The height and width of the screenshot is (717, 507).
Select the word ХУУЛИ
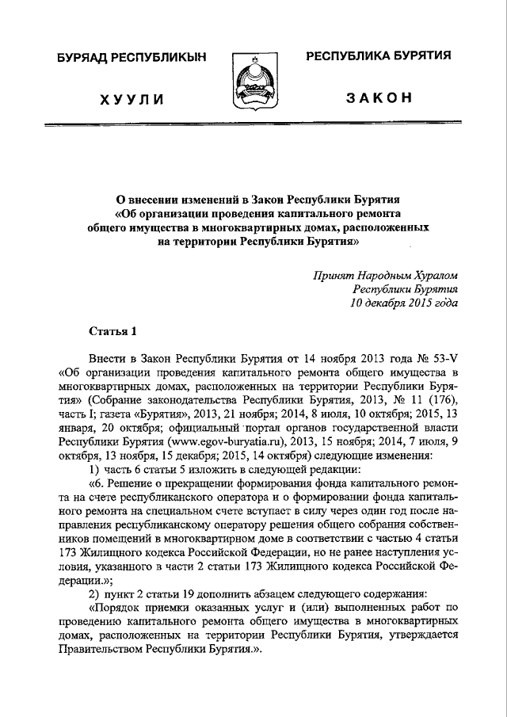pos(132,99)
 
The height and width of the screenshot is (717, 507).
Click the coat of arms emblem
pos(253,82)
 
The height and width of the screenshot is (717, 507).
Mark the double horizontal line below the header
pos(253,127)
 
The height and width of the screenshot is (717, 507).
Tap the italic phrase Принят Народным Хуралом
pos(385,276)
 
